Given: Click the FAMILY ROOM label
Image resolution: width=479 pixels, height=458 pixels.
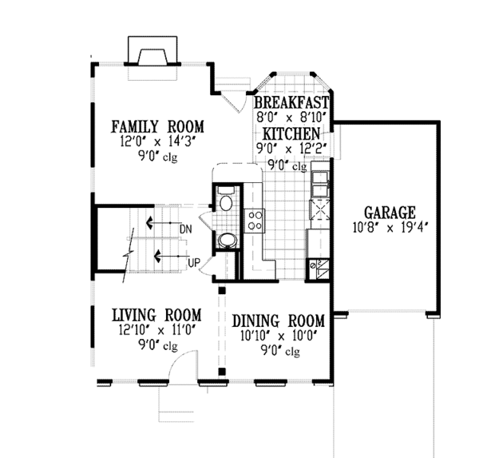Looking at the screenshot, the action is (x=157, y=126).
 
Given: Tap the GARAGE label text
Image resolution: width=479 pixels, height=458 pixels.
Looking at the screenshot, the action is (x=390, y=213).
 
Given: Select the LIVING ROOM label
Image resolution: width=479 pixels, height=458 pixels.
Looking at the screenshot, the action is (x=157, y=315).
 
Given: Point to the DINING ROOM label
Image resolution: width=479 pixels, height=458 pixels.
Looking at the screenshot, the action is (x=279, y=321).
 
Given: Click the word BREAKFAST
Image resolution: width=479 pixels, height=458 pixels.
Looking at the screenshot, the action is (x=291, y=102).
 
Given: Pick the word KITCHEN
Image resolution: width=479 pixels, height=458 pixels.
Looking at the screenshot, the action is (x=291, y=133).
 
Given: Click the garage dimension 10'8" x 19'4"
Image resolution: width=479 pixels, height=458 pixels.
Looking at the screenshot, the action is (x=390, y=228).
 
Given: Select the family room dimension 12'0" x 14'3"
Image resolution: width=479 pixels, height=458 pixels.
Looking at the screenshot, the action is (x=157, y=141).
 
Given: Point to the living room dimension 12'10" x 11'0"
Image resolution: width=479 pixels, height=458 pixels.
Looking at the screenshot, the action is (x=157, y=330).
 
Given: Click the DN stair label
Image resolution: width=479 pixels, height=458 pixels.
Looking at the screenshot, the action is (x=186, y=229).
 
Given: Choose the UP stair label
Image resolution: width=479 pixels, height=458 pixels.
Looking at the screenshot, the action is (x=194, y=263).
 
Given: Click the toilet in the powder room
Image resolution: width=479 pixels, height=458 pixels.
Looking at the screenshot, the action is (x=226, y=199).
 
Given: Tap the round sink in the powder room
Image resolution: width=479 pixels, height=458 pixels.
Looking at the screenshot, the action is (x=228, y=241).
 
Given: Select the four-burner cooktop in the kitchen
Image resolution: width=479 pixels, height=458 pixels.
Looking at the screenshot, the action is (x=255, y=221).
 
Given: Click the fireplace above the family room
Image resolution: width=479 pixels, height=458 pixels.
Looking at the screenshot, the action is (x=152, y=50).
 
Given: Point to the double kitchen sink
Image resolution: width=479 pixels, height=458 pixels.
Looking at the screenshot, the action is (x=319, y=183).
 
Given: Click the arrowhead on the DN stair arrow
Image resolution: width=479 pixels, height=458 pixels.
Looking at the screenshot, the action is (x=149, y=223).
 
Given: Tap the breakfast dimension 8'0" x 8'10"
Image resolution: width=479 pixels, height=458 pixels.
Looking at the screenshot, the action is (x=291, y=117).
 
